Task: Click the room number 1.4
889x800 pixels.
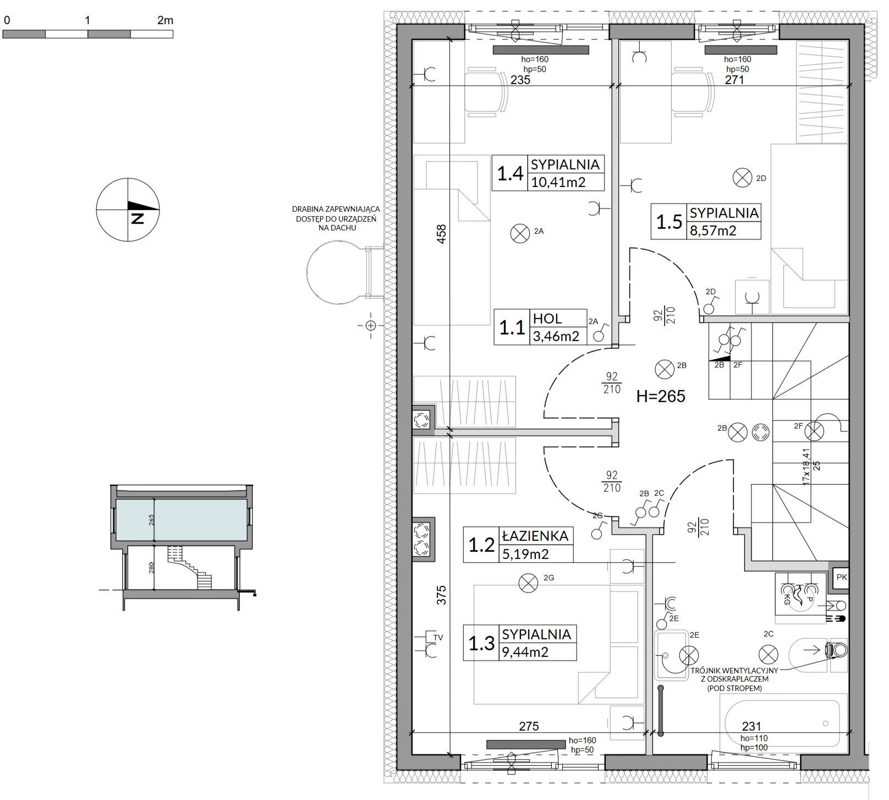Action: tap(510, 174)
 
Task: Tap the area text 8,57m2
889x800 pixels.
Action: tap(713, 231)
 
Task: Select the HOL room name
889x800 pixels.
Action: tap(547, 319)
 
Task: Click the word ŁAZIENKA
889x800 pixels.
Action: tap(535, 536)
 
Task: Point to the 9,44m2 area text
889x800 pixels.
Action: tap(525, 652)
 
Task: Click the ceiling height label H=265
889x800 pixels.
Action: tap(661, 396)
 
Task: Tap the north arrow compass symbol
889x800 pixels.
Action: tap(128, 210)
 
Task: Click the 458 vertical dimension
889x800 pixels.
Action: tap(441, 234)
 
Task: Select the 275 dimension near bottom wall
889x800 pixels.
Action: tap(529, 726)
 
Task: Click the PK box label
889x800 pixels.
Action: tap(842, 577)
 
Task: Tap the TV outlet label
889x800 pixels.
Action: tap(438, 638)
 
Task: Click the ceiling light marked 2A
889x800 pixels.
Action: tap(519, 234)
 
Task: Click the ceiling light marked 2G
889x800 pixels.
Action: tap(529, 583)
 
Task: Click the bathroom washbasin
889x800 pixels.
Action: tap(671, 656)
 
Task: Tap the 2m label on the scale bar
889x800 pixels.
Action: tap(165, 20)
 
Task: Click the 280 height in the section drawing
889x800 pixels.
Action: tap(151, 568)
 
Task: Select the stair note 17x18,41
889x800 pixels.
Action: tap(806, 466)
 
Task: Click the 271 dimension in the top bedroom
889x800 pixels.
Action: tap(734, 80)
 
